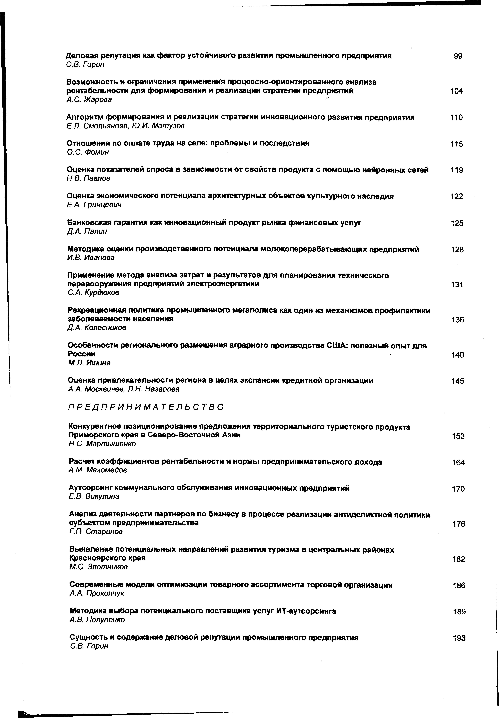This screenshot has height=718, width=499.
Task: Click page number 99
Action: pos(458,57)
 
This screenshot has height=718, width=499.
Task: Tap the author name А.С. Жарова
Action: pos(89,99)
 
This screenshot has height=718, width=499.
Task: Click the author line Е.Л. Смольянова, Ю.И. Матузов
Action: pos(126,126)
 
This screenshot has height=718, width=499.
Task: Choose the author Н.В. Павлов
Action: pos(88,178)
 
